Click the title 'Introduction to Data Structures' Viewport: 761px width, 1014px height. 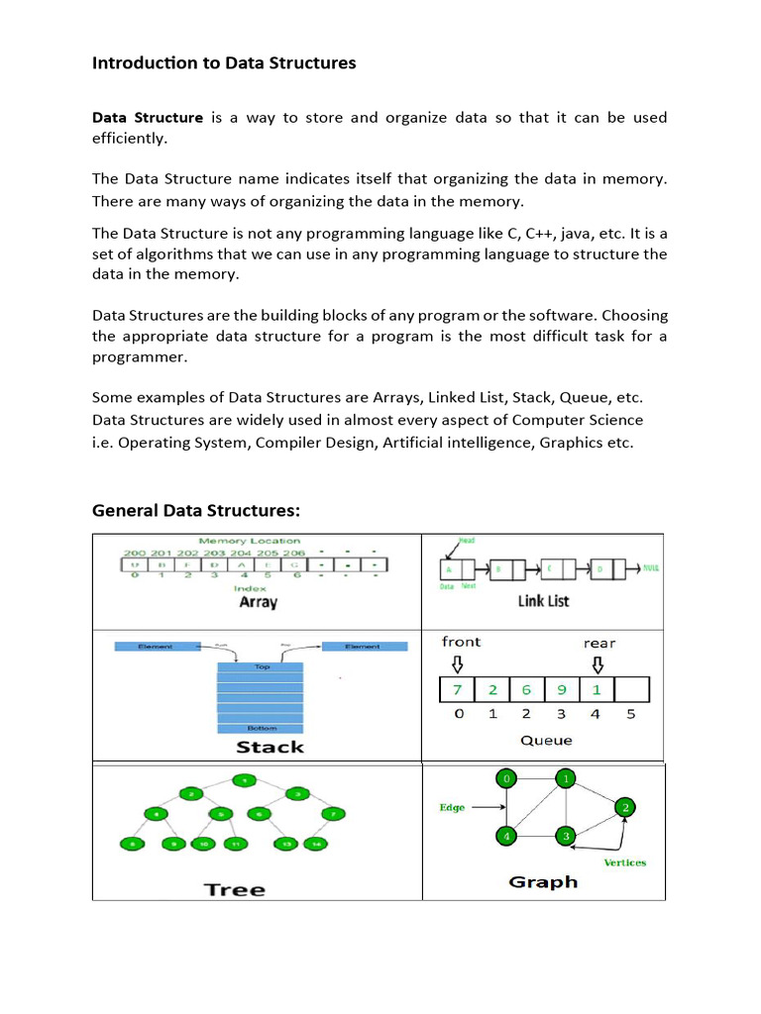(x=224, y=63)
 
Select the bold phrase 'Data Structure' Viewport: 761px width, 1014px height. (x=147, y=118)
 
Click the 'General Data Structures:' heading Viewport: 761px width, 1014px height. (x=195, y=510)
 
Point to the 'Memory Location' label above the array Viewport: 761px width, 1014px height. (x=250, y=541)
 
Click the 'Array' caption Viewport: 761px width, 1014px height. (x=258, y=601)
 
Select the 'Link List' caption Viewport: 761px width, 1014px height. (x=543, y=601)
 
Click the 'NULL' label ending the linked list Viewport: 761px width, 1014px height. (x=651, y=569)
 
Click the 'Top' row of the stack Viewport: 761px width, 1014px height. (x=262, y=667)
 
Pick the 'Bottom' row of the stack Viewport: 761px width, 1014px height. (x=262, y=728)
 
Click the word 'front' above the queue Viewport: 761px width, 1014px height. (x=461, y=642)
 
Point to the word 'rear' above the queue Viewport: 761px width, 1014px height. (x=598, y=643)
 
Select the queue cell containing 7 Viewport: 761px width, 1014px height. (x=457, y=688)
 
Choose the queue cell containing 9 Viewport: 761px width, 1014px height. (x=561, y=688)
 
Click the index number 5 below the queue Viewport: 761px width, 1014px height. (x=631, y=713)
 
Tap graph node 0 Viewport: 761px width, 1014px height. (x=507, y=779)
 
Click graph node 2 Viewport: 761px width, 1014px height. (x=625, y=807)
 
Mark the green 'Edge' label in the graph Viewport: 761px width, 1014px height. (x=452, y=807)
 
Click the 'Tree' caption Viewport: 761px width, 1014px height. (x=235, y=888)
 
